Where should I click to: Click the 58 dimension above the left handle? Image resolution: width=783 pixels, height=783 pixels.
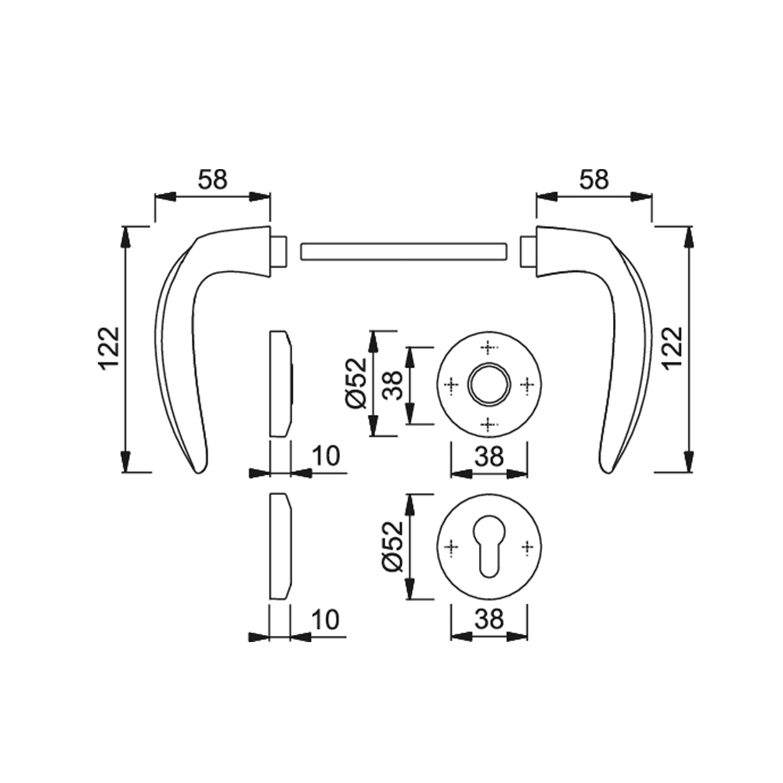(213, 180)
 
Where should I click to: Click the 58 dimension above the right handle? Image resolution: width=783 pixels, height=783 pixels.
(594, 180)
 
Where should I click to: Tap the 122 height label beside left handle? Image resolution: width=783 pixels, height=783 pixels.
(109, 348)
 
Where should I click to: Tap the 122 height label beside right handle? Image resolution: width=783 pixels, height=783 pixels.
(673, 348)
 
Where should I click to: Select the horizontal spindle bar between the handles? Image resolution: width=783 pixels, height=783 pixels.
(403, 251)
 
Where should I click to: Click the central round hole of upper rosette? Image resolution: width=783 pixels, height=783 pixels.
(489, 384)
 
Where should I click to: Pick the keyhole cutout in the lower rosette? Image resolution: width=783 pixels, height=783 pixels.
(489, 547)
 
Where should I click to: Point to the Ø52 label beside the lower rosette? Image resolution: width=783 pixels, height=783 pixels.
(392, 547)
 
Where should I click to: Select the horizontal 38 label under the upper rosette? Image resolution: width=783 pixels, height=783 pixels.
(489, 456)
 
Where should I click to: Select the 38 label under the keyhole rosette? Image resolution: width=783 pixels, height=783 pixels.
(489, 619)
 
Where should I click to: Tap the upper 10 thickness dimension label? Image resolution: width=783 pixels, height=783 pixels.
(326, 456)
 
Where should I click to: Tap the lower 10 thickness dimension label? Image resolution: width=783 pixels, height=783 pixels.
(326, 619)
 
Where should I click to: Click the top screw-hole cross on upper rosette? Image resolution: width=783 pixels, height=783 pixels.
(489, 347)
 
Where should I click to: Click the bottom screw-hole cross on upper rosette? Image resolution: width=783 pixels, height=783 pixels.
(489, 424)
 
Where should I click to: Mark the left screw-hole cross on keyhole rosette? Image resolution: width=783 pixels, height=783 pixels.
(451, 547)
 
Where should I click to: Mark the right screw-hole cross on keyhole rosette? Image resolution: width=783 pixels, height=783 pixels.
(528, 547)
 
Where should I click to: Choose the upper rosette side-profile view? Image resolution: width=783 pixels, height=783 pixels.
(281, 384)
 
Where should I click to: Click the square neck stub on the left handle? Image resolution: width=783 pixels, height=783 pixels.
(280, 251)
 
